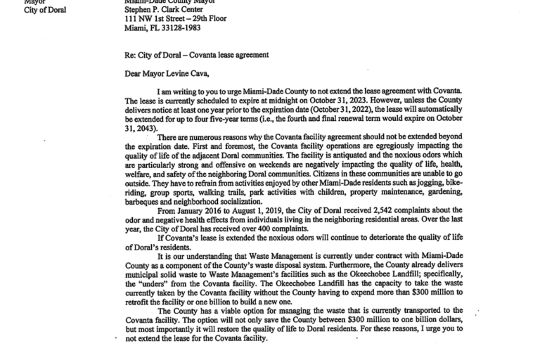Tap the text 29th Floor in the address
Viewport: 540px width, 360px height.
coord(207,19)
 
